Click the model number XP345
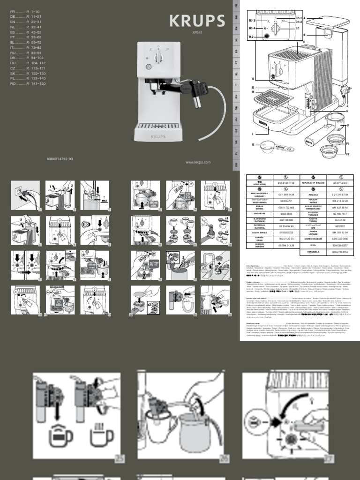[x=197, y=33]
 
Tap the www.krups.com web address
[x=198, y=162]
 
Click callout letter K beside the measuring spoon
[x=254, y=145]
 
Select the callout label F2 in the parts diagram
[x=347, y=154]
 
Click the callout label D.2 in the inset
[x=252, y=36]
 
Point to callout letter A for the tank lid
[x=304, y=18]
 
